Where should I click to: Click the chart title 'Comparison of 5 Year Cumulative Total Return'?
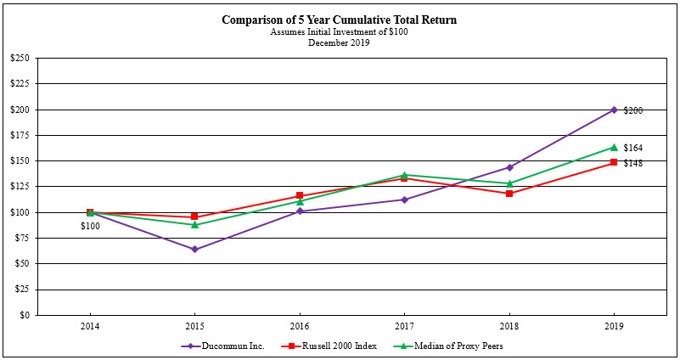(x=340, y=20)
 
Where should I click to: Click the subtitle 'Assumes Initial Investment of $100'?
(x=340, y=31)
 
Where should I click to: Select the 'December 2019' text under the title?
(x=340, y=42)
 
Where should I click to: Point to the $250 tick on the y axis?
(x=19, y=59)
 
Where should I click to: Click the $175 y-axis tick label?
(x=19, y=135)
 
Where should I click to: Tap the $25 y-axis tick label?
(x=20, y=290)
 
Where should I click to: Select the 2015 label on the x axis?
(x=194, y=325)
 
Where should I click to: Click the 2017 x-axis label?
(x=404, y=325)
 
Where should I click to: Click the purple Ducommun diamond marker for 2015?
(x=194, y=249)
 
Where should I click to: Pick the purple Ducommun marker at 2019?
(x=614, y=110)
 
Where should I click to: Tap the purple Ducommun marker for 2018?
(x=509, y=167)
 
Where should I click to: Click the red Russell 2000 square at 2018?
(x=509, y=194)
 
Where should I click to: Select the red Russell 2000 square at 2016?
(x=300, y=196)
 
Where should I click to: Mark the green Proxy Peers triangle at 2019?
(x=614, y=147)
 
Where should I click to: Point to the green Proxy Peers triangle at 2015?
(x=194, y=224)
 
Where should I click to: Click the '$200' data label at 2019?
(x=632, y=110)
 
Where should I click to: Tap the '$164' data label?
(x=632, y=148)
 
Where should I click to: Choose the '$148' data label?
(x=632, y=163)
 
